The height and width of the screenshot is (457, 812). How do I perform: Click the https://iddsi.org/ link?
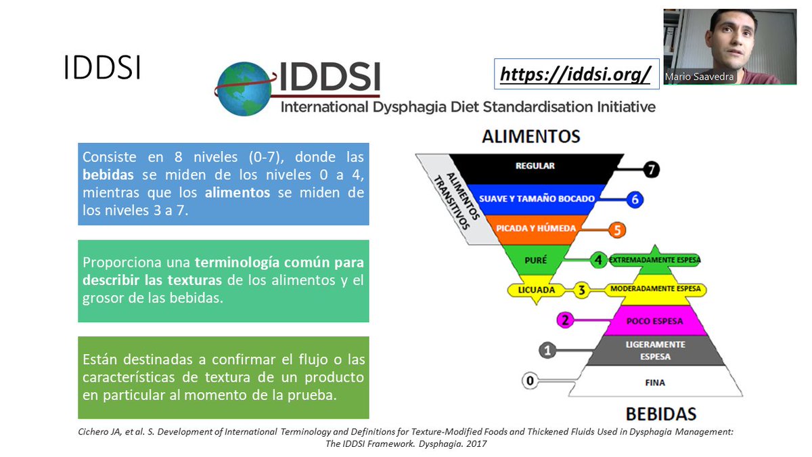pos(575,74)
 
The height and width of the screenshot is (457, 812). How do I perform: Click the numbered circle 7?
pos(652,170)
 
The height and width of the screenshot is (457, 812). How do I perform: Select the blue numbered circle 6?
pos(634,199)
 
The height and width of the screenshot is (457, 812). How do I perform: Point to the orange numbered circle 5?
pos(616,230)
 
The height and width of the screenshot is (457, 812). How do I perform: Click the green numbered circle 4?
pos(597,259)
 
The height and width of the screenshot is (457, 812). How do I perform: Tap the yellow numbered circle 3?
pos(581,290)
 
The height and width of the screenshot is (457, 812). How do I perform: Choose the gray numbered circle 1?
pos(547,350)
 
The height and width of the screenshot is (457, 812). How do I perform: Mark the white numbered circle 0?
pos(530,382)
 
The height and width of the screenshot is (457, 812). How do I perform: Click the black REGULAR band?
pos(535,166)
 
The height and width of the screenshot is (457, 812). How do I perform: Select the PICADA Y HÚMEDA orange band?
pos(535,229)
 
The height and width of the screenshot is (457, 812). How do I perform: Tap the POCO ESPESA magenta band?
pos(655,320)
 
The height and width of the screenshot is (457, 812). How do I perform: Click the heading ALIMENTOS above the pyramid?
pos(531,137)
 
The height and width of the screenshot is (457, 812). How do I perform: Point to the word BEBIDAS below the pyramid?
pos(660,414)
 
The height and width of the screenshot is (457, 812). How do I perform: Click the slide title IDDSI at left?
pos(102,68)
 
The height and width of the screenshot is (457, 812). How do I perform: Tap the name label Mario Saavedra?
pos(699,77)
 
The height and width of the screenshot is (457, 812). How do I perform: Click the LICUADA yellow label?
pos(536,290)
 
